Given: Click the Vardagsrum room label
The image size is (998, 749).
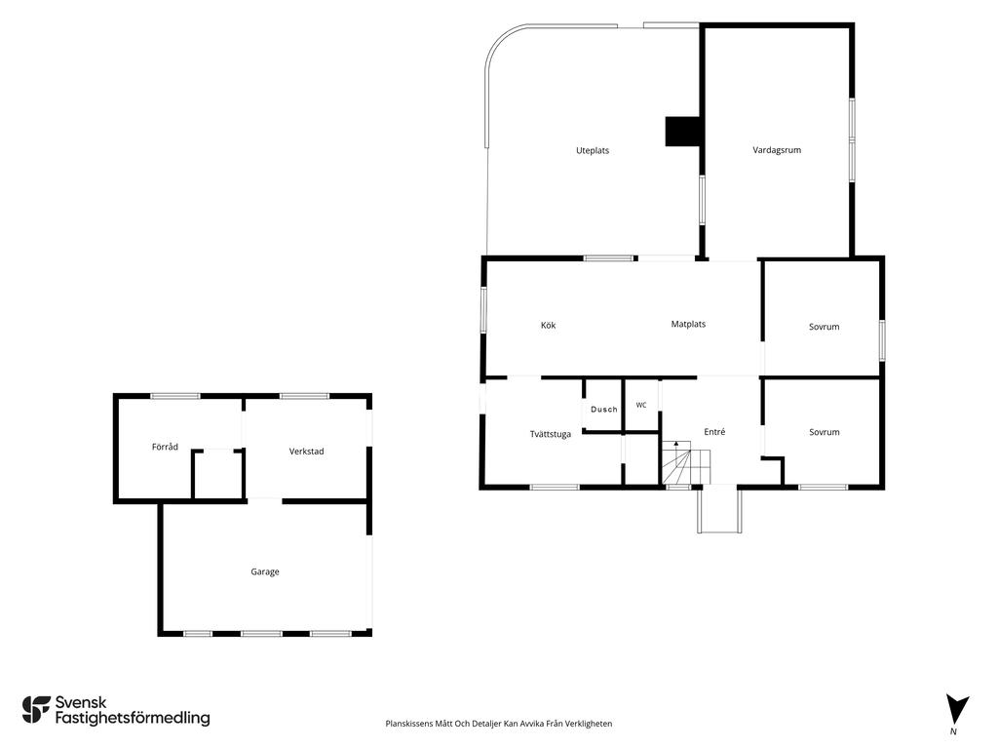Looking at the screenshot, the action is [x=777, y=150].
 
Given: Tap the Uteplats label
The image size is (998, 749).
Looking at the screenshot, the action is [x=593, y=151].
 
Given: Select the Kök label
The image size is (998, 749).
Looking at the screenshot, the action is [x=548, y=326].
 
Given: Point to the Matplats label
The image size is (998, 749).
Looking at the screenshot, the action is [x=688, y=324].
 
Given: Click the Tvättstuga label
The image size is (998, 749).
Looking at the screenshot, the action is [x=551, y=434].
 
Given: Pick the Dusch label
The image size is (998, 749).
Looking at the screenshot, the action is [x=604, y=410].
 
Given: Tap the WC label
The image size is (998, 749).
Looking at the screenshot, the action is [x=641, y=405].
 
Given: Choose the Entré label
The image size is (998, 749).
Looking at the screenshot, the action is [x=714, y=432].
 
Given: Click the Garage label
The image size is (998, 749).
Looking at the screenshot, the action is [x=265, y=572].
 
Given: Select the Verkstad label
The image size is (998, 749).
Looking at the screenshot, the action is [x=306, y=452].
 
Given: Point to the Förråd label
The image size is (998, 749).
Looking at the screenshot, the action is [x=165, y=447].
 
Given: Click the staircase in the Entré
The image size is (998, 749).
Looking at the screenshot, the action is [x=685, y=462].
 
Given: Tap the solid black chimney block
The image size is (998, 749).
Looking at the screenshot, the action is [x=683, y=132].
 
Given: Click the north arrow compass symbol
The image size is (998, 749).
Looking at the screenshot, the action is [x=956, y=710].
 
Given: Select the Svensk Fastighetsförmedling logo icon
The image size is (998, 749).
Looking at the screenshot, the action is [x=36, y=710].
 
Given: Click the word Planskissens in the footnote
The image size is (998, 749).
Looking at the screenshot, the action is [x=408, y=724].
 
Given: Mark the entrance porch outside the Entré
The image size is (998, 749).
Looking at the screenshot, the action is [x=720, y=509].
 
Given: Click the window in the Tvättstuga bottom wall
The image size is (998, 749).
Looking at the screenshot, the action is [x=555, y=488].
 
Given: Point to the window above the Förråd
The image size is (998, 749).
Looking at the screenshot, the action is [x=175, y=396].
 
